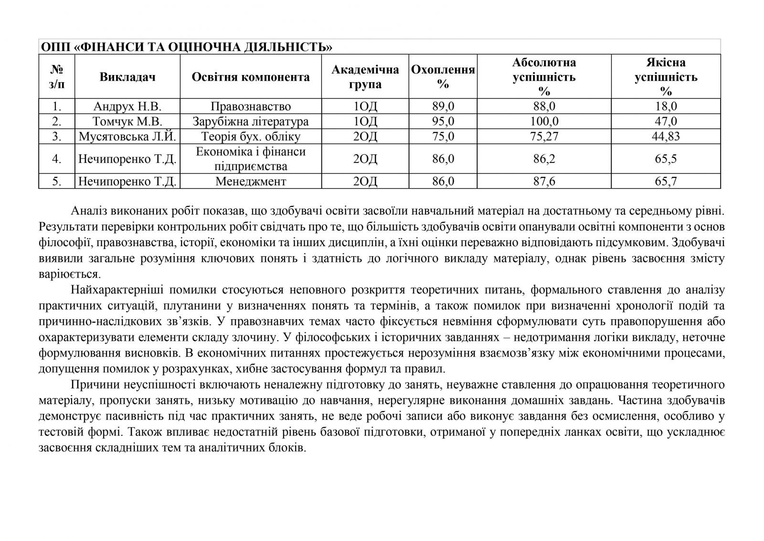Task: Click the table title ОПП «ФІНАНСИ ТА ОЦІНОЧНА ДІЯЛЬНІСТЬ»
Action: click(x=187, y=47)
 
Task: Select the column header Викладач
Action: click(x=127, y=77)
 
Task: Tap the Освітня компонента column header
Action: click(x=251, y=77)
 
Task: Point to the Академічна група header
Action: click(x=365, y=77)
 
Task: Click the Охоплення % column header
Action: click(x=443, y=77)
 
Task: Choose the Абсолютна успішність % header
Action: click(x=544, y=77)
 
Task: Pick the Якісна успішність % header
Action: click(x=666, y=77)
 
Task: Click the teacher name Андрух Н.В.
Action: click(x=127, y=106)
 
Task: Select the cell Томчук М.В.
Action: click(x=127, y=121)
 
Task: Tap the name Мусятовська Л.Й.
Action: click(x=127, y=137)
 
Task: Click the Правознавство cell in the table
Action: click(x=251, y=106)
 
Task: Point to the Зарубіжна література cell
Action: click(x=251, y=121)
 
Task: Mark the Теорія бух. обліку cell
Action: click(x=251, y=137)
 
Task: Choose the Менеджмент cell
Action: click(x=251, y=182)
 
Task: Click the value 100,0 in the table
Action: click(x=544, y=121)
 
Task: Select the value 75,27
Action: click(x=544, y=137)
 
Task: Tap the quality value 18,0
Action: click(x=666, y=106)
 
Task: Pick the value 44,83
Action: click(x=666, y=137)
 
